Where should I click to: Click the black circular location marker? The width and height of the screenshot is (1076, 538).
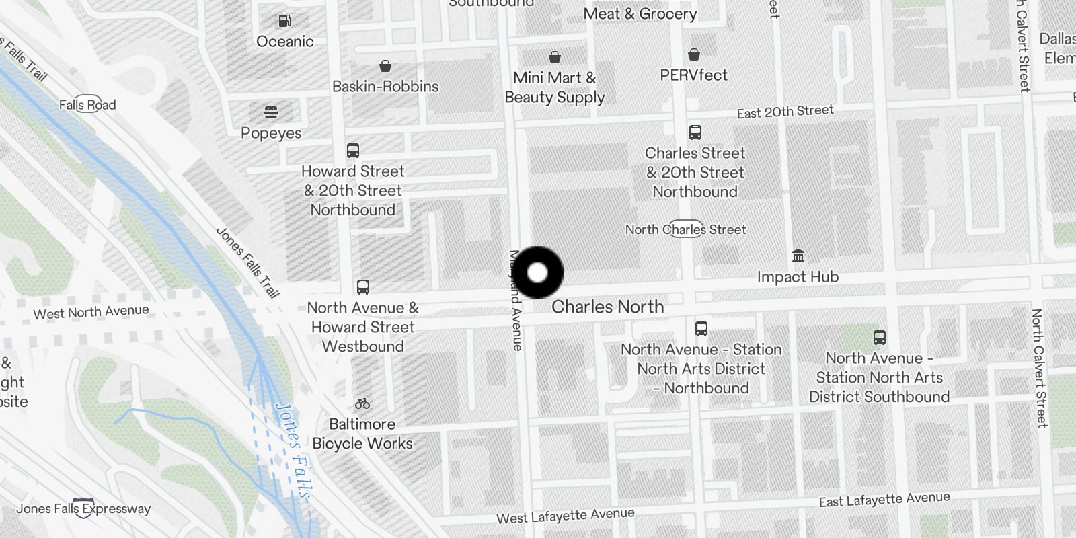537,273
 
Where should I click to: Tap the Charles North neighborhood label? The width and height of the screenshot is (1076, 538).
607,307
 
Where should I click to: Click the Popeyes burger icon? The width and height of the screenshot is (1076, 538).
271,112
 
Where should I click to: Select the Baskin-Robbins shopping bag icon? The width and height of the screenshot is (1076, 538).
385,66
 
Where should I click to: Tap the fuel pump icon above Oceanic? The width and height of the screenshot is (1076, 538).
284,22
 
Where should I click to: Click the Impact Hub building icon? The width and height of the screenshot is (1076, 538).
798,256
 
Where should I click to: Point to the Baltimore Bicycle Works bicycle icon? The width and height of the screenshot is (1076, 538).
362,403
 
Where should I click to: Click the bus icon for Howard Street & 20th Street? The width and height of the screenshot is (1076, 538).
353,151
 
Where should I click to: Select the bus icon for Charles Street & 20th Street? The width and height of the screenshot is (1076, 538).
695,132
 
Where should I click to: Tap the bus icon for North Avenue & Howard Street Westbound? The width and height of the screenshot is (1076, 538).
363,287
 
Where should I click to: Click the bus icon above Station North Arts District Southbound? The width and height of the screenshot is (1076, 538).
879,338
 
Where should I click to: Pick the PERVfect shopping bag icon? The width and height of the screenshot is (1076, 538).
694,54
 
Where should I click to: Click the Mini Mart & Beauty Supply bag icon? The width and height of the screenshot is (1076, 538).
555,57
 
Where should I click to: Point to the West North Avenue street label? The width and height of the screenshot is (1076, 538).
91,312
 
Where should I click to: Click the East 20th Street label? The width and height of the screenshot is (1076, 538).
785,112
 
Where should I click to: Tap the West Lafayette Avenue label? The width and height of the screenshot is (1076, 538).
565,516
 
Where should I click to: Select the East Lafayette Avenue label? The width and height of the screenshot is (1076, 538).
884,500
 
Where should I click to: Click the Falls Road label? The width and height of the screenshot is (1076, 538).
87,104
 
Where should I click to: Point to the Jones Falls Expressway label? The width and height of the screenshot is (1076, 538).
83,508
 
